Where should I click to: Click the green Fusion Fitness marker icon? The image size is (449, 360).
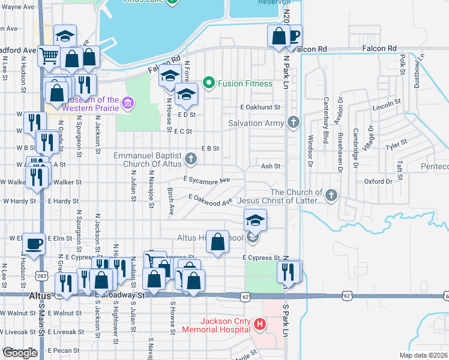point(209,83)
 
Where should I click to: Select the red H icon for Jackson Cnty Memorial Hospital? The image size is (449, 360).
point(260,325)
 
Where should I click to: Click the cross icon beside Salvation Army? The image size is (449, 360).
point(293,123)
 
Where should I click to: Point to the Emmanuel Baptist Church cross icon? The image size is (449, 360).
point(190,159)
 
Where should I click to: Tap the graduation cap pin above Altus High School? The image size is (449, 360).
point(255,220)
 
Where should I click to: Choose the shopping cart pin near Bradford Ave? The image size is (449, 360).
point(49,56)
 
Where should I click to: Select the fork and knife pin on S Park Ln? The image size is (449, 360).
point(289,271)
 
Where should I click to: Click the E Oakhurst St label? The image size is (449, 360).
point(260,107)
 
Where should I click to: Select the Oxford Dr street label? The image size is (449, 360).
point(378,181)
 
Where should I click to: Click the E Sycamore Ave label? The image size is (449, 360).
point(207,180)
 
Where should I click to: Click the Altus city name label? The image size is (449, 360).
point(40,296)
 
